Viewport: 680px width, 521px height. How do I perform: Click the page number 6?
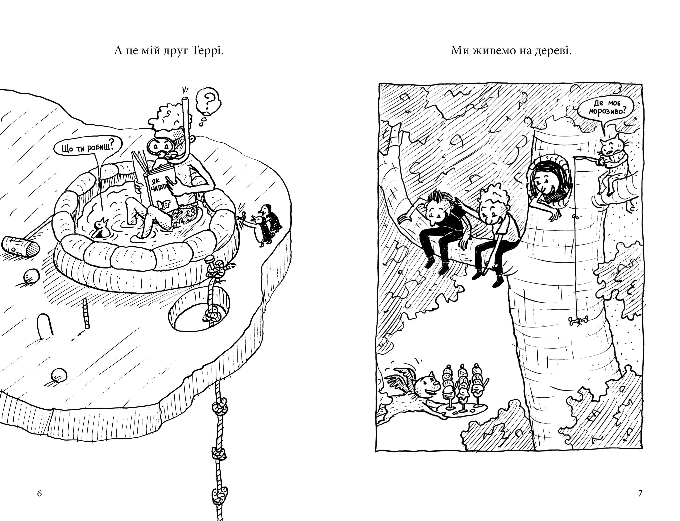coord(39,493)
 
